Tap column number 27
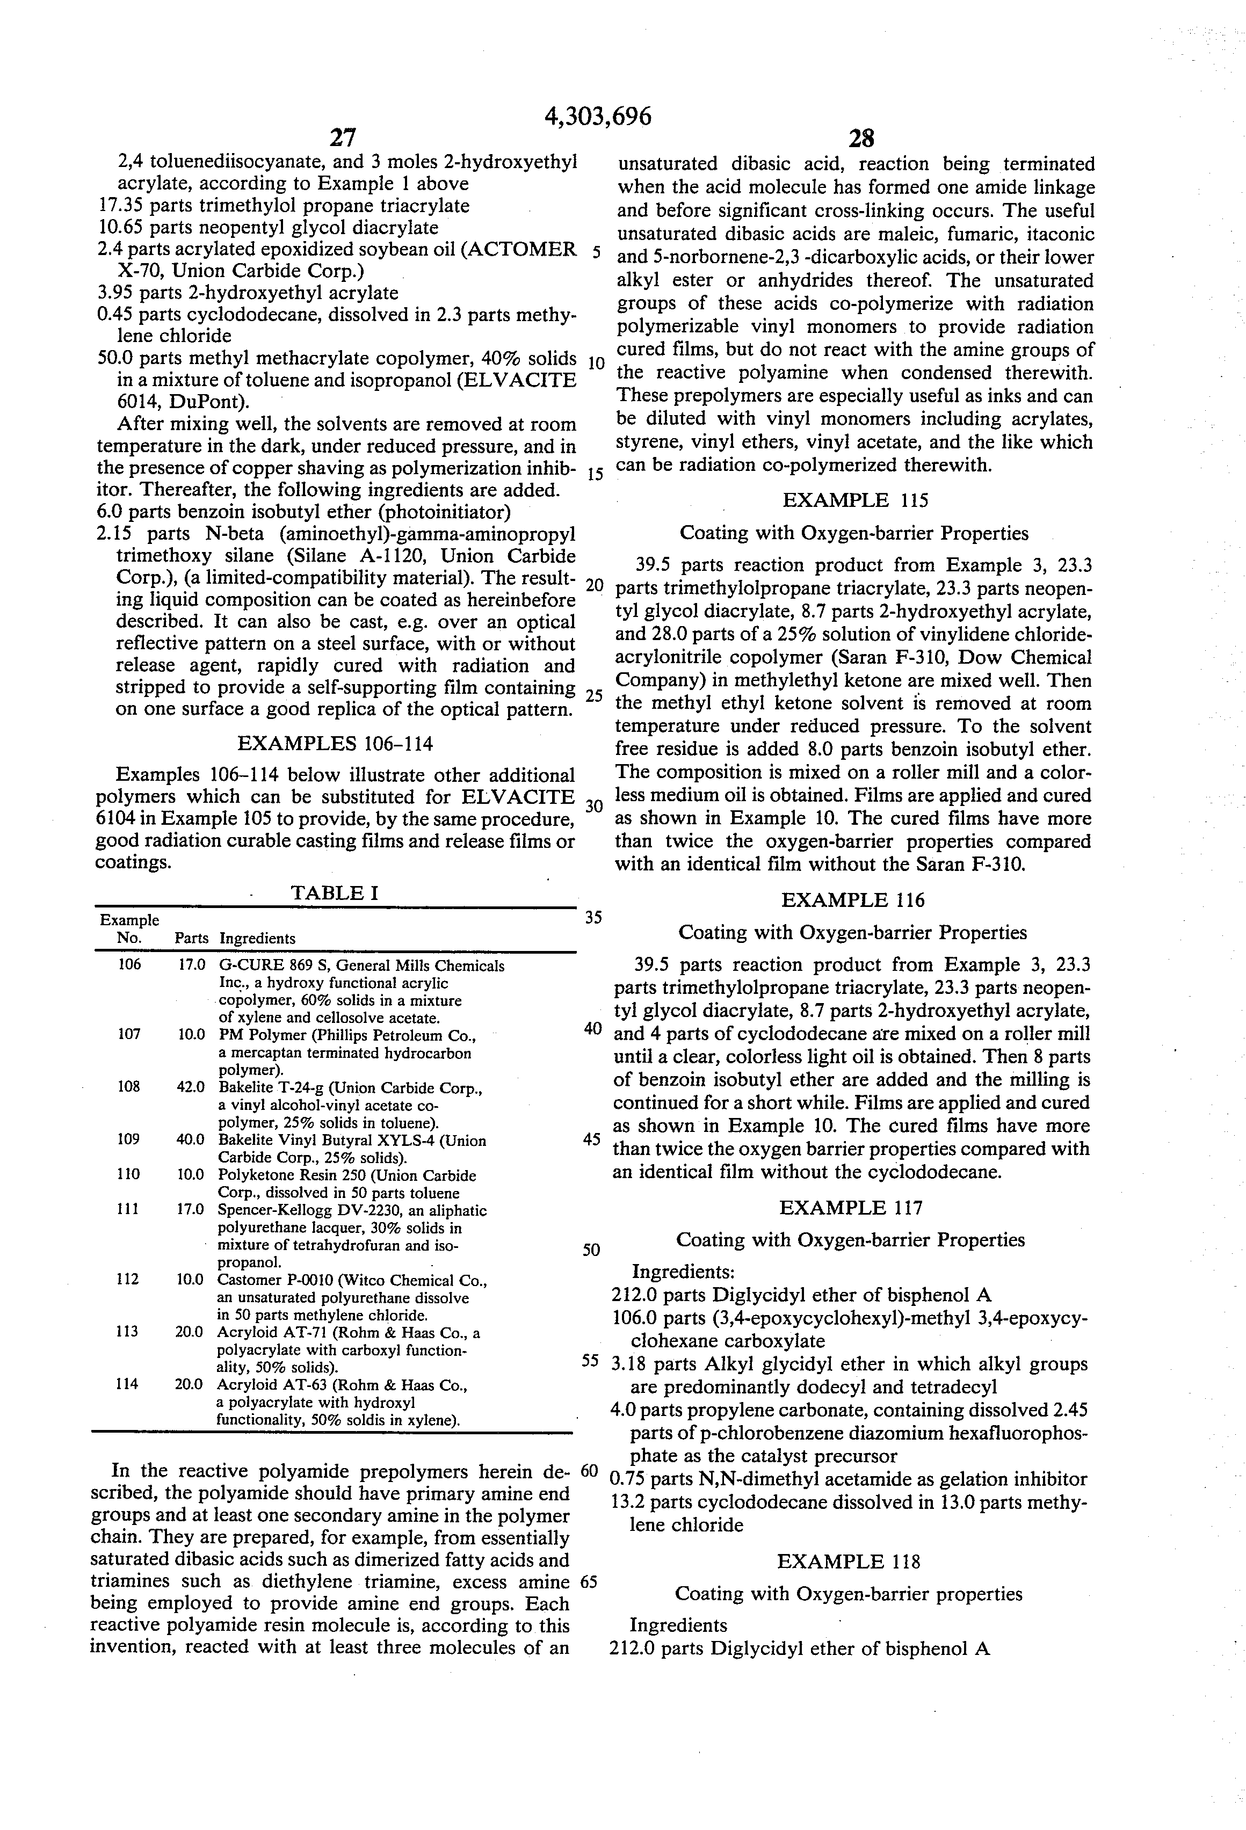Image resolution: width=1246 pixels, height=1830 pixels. coord(342,139)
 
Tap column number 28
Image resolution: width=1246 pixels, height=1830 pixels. coord(861,139)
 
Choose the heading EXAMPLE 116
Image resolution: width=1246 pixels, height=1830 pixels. coord(853,899)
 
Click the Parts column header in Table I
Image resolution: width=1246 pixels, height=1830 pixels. coord(191,938)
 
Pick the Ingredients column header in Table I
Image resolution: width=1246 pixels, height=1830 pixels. coord(258,938)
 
